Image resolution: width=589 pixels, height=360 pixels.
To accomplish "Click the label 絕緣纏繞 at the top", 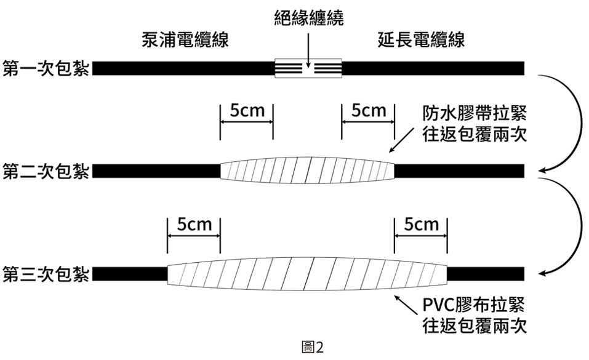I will pos(308,17).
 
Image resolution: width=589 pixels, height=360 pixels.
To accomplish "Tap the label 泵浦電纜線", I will pos(185,41).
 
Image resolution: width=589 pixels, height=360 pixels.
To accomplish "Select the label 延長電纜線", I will pos(421,41).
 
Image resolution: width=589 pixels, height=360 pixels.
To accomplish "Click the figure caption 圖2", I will pos(313,348).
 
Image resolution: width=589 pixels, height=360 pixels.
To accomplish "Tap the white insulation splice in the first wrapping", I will pos(308,68).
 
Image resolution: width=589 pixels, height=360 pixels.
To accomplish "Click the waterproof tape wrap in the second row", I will pos(307,170).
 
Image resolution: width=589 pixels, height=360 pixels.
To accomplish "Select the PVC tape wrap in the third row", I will pos(307,273).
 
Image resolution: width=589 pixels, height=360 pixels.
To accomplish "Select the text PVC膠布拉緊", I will pos(475,305).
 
